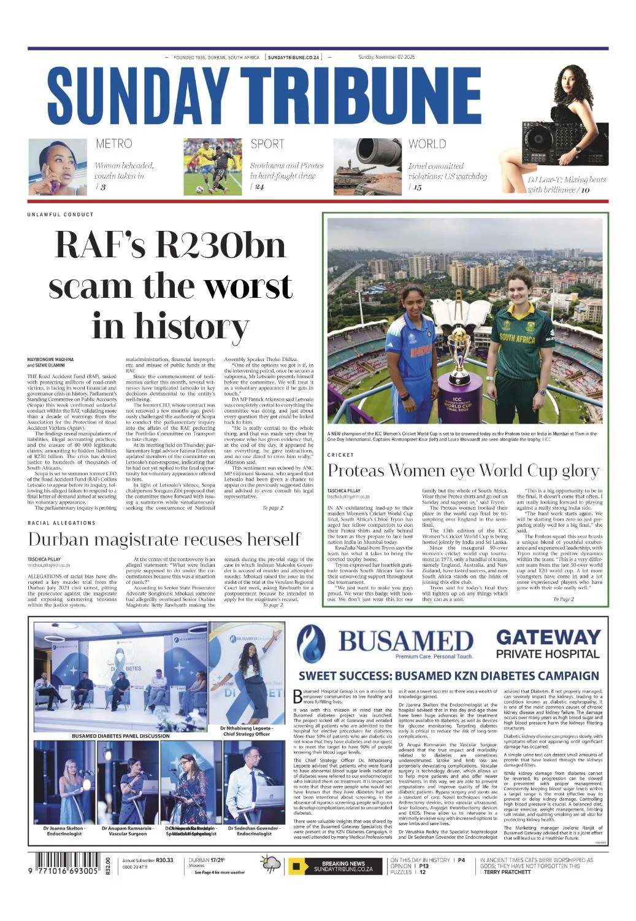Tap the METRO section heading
tap(113, 144)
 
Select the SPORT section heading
tap(267, 144)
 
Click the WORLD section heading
tap(427, 144)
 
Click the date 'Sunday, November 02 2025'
tap(386, 57)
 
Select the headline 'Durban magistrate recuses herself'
tap(164, 539)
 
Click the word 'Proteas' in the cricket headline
tap(356, 471)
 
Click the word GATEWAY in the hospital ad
tap(548, 637)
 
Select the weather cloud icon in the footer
tap(272, 865)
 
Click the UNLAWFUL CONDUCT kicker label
tap(60, 214)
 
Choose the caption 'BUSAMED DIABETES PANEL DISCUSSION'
tap(120, 736)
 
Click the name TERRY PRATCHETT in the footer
tap(507, 872)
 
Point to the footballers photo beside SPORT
tap(213, 167)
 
